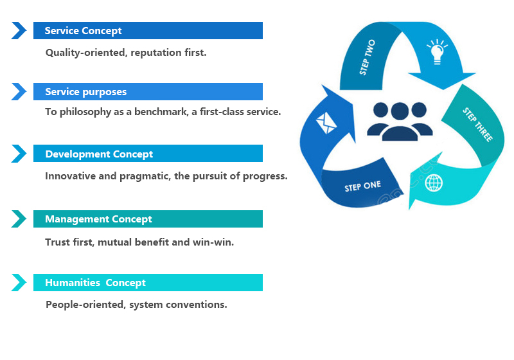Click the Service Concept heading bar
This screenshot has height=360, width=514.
[x=148, y=31]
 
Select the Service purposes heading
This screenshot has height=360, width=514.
[x=148, y=92]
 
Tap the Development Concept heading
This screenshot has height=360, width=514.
[x=148, y=154]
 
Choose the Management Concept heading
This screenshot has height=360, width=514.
[x=148, y=219]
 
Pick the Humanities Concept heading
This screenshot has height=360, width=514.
[x=148, y=283]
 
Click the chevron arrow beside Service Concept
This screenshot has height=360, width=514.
[x=19, y=31]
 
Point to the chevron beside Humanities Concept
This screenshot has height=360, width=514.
[x=19, y=283]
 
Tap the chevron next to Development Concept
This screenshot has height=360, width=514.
[x=19, y=154]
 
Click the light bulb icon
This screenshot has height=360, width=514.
[x=436, y=51]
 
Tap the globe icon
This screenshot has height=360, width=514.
[x=434, y=183]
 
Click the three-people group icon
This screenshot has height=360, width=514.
[x=400, y=120]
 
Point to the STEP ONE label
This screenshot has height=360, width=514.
[x=362, y=186]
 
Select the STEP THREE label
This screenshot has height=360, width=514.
[x=477, y=124]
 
